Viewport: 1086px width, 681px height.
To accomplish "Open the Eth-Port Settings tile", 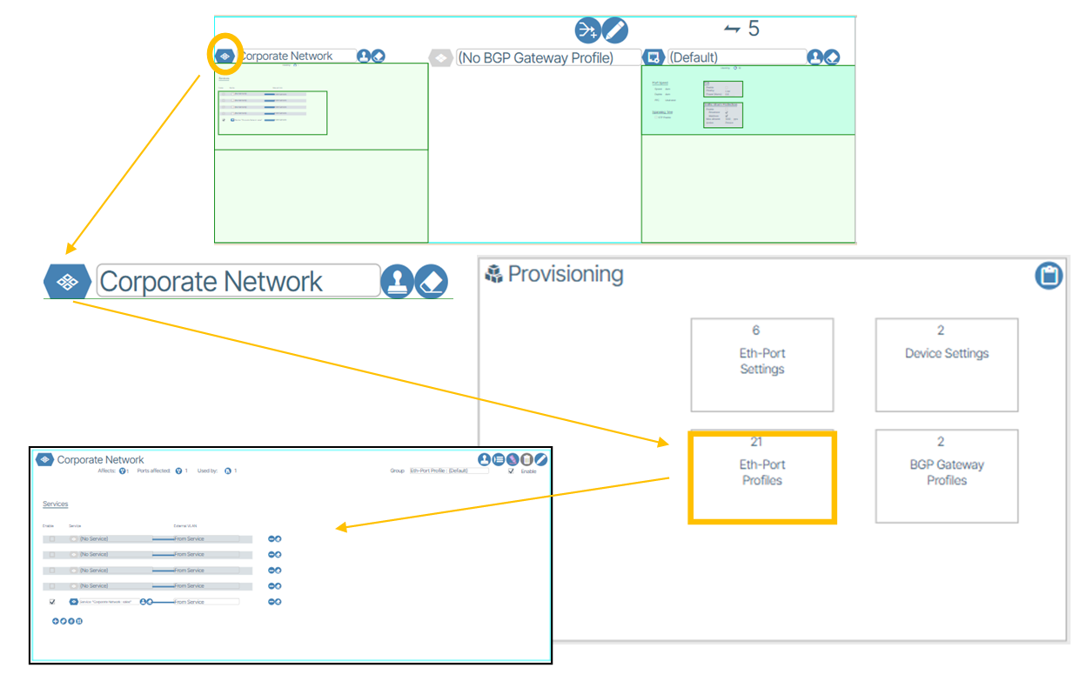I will [x=762, y=364].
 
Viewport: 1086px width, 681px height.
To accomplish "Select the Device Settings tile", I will [x=947, y=364].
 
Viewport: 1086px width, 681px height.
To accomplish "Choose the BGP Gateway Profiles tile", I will [x=947, y=474].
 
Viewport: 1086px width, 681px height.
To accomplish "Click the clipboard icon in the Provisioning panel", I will [x=1049, y=276].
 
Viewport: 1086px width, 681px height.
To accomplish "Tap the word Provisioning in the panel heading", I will [x=565, y=275].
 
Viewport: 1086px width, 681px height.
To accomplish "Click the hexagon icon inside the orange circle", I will [x=225, y=57].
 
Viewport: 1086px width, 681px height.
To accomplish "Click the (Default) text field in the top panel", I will [x=735, y=57].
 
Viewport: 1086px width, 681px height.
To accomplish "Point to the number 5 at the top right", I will [x=754, y=29].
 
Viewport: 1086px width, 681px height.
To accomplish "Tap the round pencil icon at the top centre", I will [x=614, y=30].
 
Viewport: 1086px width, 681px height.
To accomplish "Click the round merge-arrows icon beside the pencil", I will [x=588, y=30].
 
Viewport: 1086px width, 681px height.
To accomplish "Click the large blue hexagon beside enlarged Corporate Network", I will [x=68, y=282].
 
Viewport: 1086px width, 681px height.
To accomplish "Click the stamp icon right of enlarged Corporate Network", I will [x=398, y=282].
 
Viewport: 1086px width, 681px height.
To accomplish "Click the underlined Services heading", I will [x=56, y=504].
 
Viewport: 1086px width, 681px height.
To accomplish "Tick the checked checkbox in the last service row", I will [x=52, y=602].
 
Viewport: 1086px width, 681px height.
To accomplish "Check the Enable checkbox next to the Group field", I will [x=511, y=471].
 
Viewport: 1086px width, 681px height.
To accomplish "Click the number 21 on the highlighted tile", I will [x=756, y=442].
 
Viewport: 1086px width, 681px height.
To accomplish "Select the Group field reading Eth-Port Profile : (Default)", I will [x=449, y=471].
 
